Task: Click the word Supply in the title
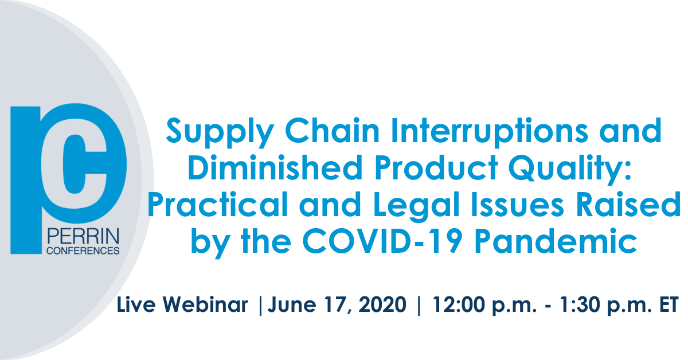(x=220, y=132)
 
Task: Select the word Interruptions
(x=489, y=132)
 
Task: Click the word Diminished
(x=275, y=167)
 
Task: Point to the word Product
(x=436, y=167)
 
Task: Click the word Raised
(x=628, y=204)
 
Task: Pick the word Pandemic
(x=556, y=241)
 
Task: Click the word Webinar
(x=205, y=304)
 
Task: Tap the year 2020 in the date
(x=383, y=305)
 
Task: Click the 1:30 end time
(x=580, y=305)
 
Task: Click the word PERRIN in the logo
(x=83, y=237)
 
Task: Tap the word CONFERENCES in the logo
(x=83, y=251)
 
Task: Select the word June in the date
(x=292, y=305)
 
